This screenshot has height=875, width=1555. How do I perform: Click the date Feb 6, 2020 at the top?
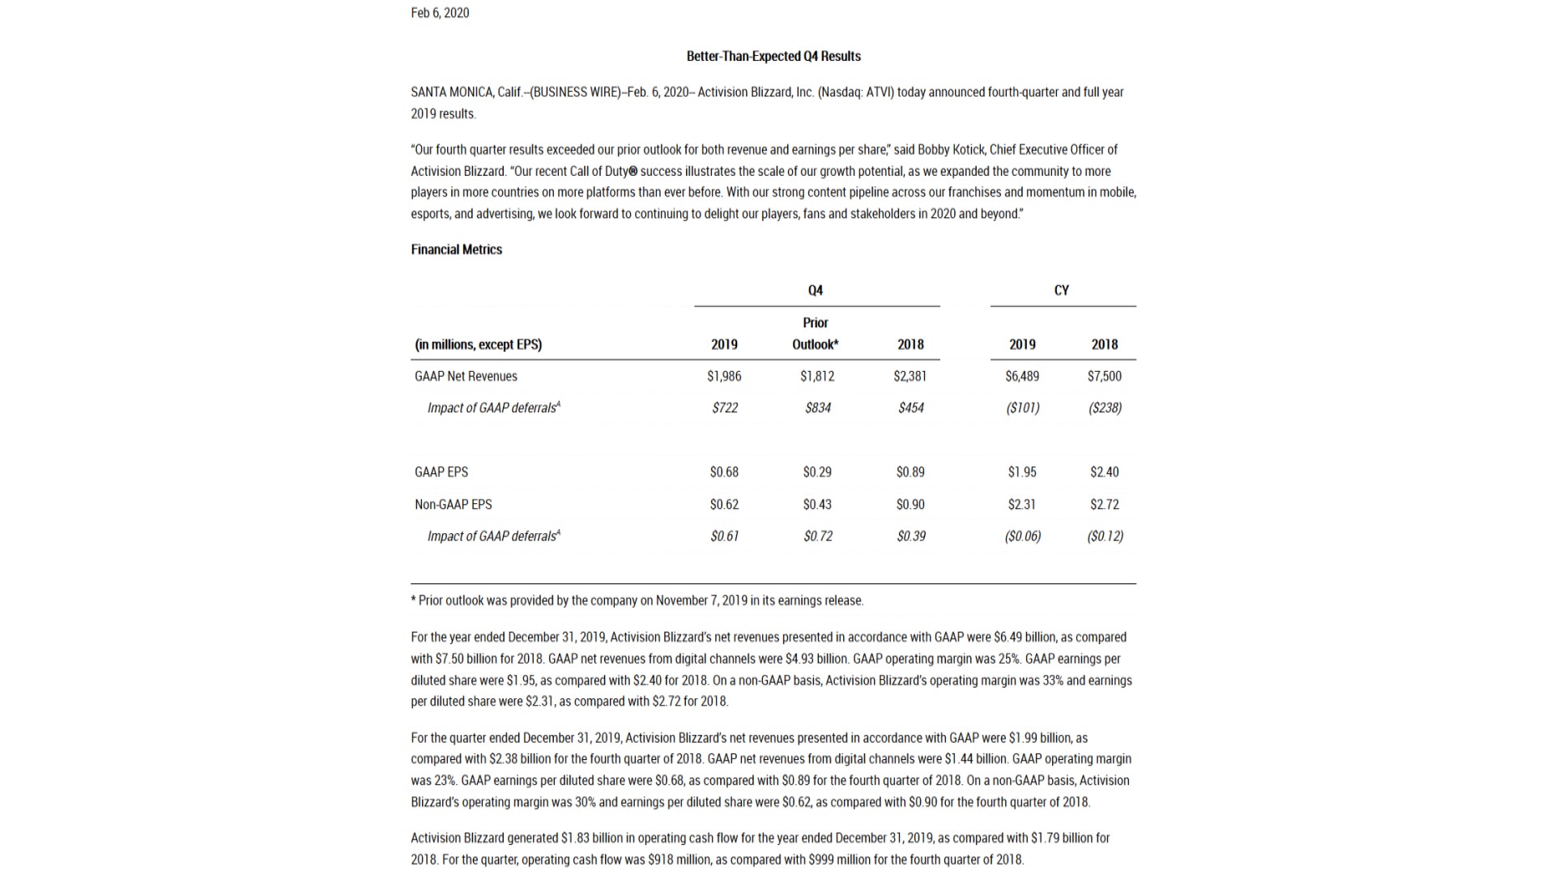tap(440, 13)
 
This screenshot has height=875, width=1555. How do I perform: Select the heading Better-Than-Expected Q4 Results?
tap(773, 56)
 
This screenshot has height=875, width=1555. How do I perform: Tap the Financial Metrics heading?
tap(456, 250)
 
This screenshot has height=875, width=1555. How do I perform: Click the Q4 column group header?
tap(816, 290)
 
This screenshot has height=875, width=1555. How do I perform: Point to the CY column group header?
tap(1062, 290)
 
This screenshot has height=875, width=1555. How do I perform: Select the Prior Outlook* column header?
tap(816, 334)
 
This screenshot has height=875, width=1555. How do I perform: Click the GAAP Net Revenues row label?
tap(466, 376)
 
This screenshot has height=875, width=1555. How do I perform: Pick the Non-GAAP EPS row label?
tap(454, 504)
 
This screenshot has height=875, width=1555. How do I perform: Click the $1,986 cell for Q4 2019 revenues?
tap(724, 376)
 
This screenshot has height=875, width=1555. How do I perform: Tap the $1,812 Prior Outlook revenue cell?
tap(817, 376)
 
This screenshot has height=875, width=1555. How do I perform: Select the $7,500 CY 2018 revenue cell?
tap(1105, 376)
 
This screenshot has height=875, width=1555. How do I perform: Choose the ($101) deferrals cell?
tap(1023, 408)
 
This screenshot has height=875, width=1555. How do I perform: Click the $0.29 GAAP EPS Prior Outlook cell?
tap(817, 472)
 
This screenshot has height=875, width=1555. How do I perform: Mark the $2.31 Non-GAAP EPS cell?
tap(1022, 504)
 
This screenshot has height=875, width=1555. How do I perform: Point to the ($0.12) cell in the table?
tap(1106, 536)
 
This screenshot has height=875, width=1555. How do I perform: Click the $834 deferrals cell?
tap(818, 408)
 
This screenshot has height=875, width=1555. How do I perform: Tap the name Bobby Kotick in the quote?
tap(951, 150)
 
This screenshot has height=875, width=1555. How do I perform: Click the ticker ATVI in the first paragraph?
tap(880, 92)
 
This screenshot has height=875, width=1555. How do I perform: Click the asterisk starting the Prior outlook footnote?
tap(414, 600)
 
